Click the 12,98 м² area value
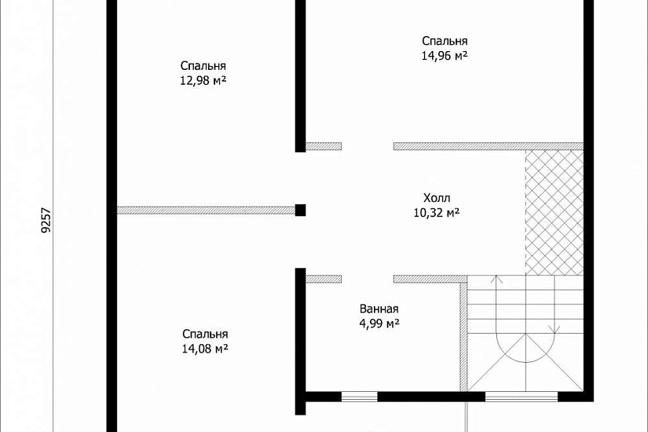coord(203,81)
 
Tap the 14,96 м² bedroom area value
coord(445,56)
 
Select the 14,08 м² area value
coord(205,349)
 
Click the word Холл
coord(437,198)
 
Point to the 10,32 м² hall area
coord(437,213)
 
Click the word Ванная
coord(379,309)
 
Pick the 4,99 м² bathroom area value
coord(379,324)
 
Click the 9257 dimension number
coord(46,219)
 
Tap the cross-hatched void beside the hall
coord(555,212)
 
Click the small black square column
coord(301,210)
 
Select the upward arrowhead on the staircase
coord(496,279)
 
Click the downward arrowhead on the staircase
coord(555,329)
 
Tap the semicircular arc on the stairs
coord(525,352)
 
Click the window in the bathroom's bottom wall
coord(359,397)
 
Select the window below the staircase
coord(522,397)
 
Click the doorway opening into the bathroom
coord(368,279)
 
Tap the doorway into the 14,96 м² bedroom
coord(368,146)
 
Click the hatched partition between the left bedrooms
coord(206,211)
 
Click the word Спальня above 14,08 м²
coord(205,334)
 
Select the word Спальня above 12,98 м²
coord(203,66)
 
